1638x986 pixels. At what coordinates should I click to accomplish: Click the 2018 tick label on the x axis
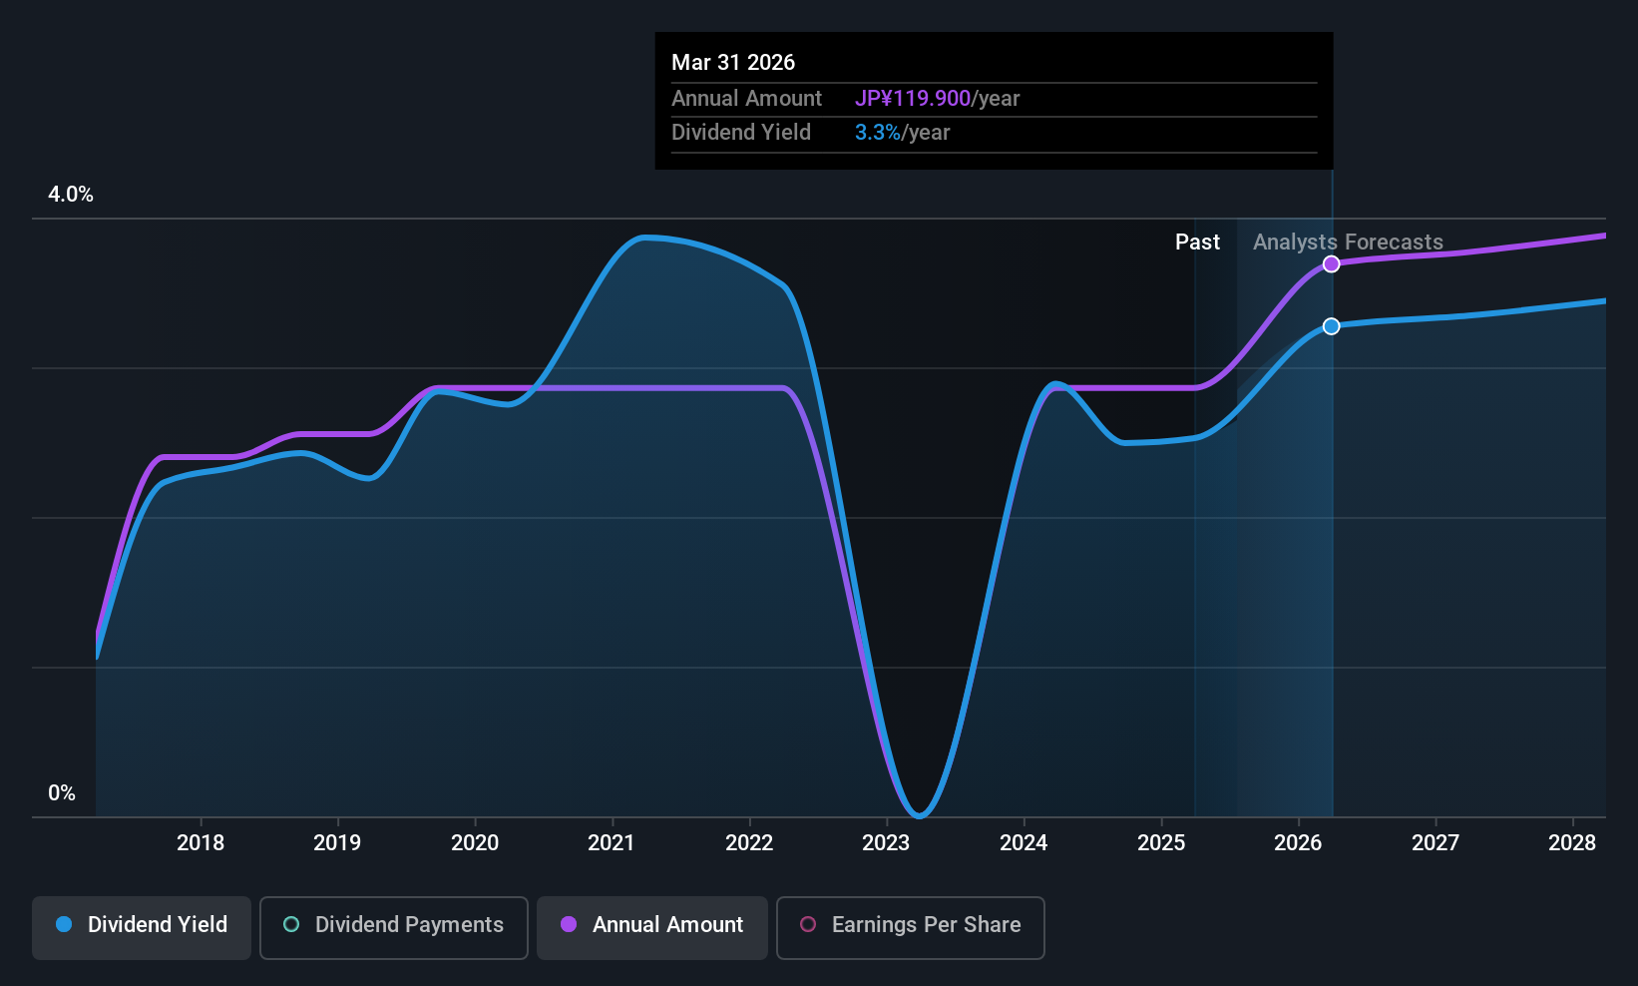[201, 843]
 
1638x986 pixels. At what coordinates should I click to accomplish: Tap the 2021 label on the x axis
[612, 843]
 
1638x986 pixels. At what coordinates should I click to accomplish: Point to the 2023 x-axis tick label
[886, 843]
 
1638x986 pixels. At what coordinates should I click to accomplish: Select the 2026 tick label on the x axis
[1298, 843]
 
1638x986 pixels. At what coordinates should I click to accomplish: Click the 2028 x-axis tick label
[1572, 843]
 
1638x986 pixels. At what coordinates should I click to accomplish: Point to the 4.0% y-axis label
[71, 195]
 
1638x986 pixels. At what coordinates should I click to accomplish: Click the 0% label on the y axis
[62, 793]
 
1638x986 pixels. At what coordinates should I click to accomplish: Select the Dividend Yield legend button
[142, 925]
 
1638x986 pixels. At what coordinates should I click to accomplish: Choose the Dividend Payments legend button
[394, 925]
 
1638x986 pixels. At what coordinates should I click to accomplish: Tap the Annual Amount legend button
[652, 925]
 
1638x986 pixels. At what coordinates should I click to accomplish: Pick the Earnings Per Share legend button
[910, 925]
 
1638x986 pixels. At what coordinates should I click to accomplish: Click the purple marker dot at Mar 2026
[1332, 264]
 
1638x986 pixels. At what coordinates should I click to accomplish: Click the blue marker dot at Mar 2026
[1332, 326]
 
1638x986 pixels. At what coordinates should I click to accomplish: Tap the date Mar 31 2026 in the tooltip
[733, 63]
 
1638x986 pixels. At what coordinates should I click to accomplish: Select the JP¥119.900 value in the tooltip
[912, 99]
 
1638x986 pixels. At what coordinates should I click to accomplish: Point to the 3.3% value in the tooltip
[877, 133]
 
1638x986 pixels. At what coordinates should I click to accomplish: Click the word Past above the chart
[1197, 243]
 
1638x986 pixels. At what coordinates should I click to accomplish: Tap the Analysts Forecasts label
[1348, 243]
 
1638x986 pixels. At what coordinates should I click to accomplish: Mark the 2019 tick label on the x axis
[337, 843]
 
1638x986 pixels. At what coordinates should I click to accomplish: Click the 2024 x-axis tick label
[1024, 843]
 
